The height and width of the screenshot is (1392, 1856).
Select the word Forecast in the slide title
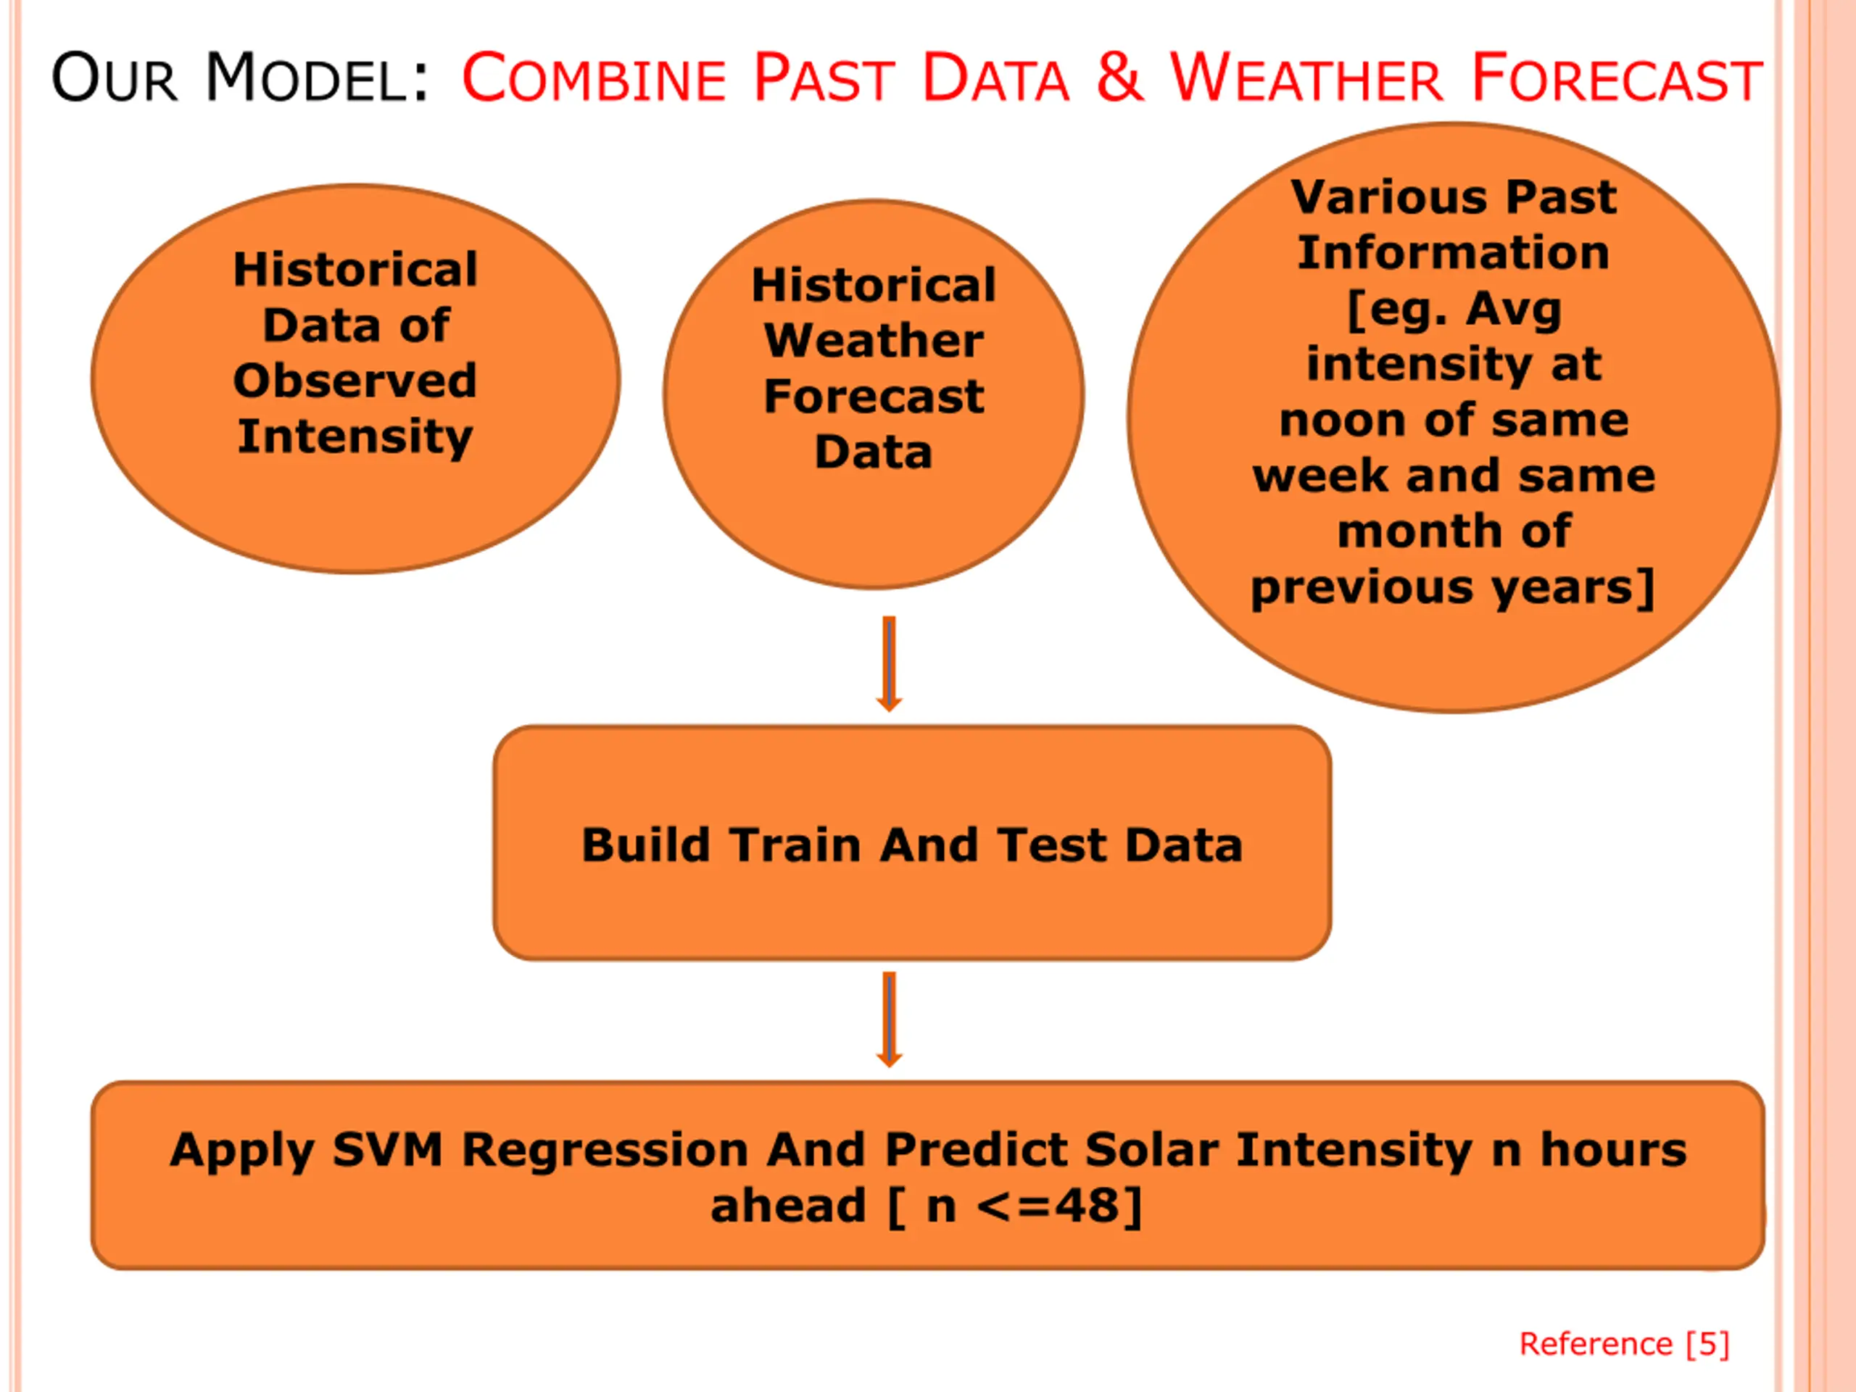click(1616, 78)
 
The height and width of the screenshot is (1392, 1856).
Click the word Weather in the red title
click(1306, 78)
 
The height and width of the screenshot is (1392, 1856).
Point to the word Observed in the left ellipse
click(355, 381)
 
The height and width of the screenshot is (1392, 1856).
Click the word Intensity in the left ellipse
click(355, 438)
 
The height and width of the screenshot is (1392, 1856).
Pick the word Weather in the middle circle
click(874, 341)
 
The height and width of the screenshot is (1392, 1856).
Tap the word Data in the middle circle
click(874, 452)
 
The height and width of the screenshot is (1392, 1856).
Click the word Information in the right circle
click(1453, 252)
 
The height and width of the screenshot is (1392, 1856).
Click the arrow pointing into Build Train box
click(890, 663)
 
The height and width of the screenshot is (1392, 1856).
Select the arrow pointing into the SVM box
click(890, 1019)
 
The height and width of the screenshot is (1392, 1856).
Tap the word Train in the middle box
click(795, 844)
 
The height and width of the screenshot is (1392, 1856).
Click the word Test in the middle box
click(1052, 844)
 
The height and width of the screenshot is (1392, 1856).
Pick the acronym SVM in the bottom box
click(388, 1150)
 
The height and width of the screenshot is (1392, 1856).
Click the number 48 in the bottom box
click(1087, 1206)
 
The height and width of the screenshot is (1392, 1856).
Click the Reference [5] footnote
click(1625, 1343)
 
